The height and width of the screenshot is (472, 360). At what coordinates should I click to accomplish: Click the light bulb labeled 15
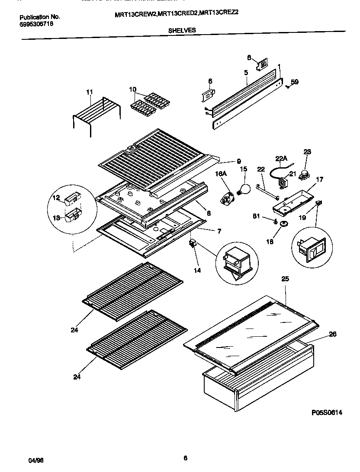pos(244,188)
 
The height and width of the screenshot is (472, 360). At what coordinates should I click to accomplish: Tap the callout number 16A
pos(221,174)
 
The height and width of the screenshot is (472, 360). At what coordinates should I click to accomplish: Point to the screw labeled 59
pos(287,87)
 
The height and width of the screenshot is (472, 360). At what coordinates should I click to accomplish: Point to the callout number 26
pos(332,334)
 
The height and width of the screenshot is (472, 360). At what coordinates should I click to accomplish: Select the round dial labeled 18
pos(284,223)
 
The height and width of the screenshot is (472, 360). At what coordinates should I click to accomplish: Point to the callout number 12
pos(56,198)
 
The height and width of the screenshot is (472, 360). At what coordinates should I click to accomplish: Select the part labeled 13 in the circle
pos(72,214)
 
